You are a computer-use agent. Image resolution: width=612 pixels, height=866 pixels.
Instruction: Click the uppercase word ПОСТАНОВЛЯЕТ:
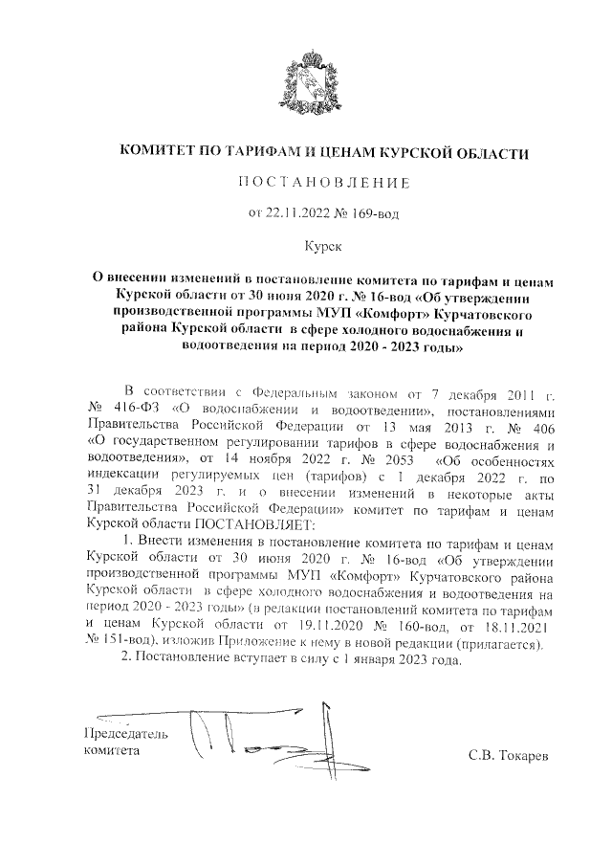(x=251, y=524)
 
